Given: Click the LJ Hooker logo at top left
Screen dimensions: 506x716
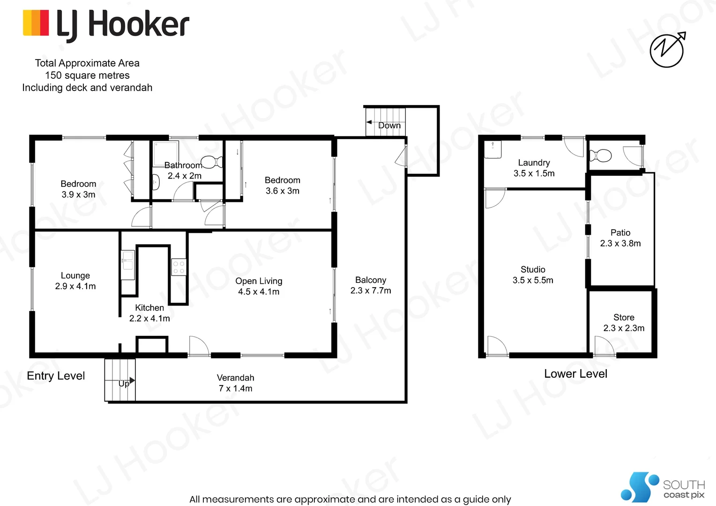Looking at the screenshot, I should pos(106,24).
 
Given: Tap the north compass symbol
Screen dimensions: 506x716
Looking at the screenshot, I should pos(667,50).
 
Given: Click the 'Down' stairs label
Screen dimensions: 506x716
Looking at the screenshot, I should pos(389,126).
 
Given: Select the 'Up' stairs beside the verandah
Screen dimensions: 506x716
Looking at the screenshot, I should pos(120,380).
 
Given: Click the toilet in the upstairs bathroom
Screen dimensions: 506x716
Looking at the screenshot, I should pos(213,162).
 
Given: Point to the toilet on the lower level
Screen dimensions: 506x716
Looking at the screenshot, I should pos(601,155).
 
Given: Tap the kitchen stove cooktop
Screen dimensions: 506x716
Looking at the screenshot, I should pos(179,268).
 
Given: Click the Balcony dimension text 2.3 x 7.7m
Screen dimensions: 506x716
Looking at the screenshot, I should pos(371,291).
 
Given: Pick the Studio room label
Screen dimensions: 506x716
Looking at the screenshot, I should pos(533,269).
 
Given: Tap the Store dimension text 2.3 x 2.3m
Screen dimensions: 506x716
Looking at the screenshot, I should pos(624,328).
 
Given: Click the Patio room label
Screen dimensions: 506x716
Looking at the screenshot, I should pos(620,232).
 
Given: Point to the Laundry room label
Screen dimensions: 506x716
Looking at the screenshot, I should pos(534,163).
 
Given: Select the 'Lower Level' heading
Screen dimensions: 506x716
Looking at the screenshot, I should pos(575,374).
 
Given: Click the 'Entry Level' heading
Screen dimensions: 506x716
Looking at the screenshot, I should pos(56,376).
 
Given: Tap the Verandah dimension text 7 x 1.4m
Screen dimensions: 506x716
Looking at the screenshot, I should pos(235,388).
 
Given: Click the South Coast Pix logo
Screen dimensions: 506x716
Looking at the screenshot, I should pos(663,488).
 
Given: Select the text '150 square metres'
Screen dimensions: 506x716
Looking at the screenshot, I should pos(87,75).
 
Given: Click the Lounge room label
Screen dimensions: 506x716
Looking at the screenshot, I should pos(75,275).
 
